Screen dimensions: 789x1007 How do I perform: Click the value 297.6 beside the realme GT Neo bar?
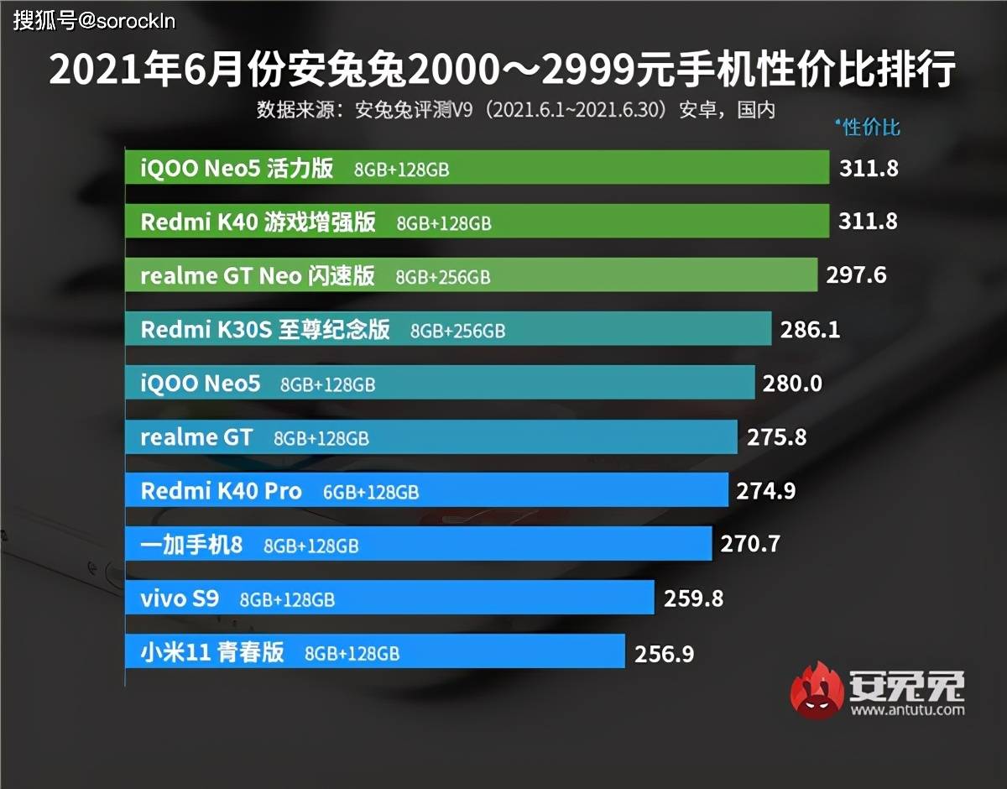coord(856,275)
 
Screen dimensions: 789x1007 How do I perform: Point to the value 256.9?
coord(665,653)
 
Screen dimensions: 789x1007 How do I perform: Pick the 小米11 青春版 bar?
coord(374,651)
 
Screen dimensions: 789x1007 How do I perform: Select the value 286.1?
coord(810,329)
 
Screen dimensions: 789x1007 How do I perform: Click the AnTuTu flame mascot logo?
coord(818,691)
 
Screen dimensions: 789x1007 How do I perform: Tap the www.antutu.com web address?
coord(907,710)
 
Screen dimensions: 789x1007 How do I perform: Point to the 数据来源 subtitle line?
coord(515,109)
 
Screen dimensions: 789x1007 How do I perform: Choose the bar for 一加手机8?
coord(417,544)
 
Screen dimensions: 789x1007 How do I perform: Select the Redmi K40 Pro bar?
coord(425,490)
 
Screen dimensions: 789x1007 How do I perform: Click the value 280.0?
coord(792,384)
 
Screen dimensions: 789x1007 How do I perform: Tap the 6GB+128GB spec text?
coord(371,492)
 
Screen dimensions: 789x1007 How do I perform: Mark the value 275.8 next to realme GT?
coord(775,437)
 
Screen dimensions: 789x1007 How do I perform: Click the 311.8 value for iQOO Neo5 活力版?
coord(869,168)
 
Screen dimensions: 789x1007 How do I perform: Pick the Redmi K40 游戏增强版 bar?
coord(476,222)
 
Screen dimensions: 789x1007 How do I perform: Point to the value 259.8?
coord(693,598)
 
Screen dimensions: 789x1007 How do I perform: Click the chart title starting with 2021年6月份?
coord(502,71)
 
